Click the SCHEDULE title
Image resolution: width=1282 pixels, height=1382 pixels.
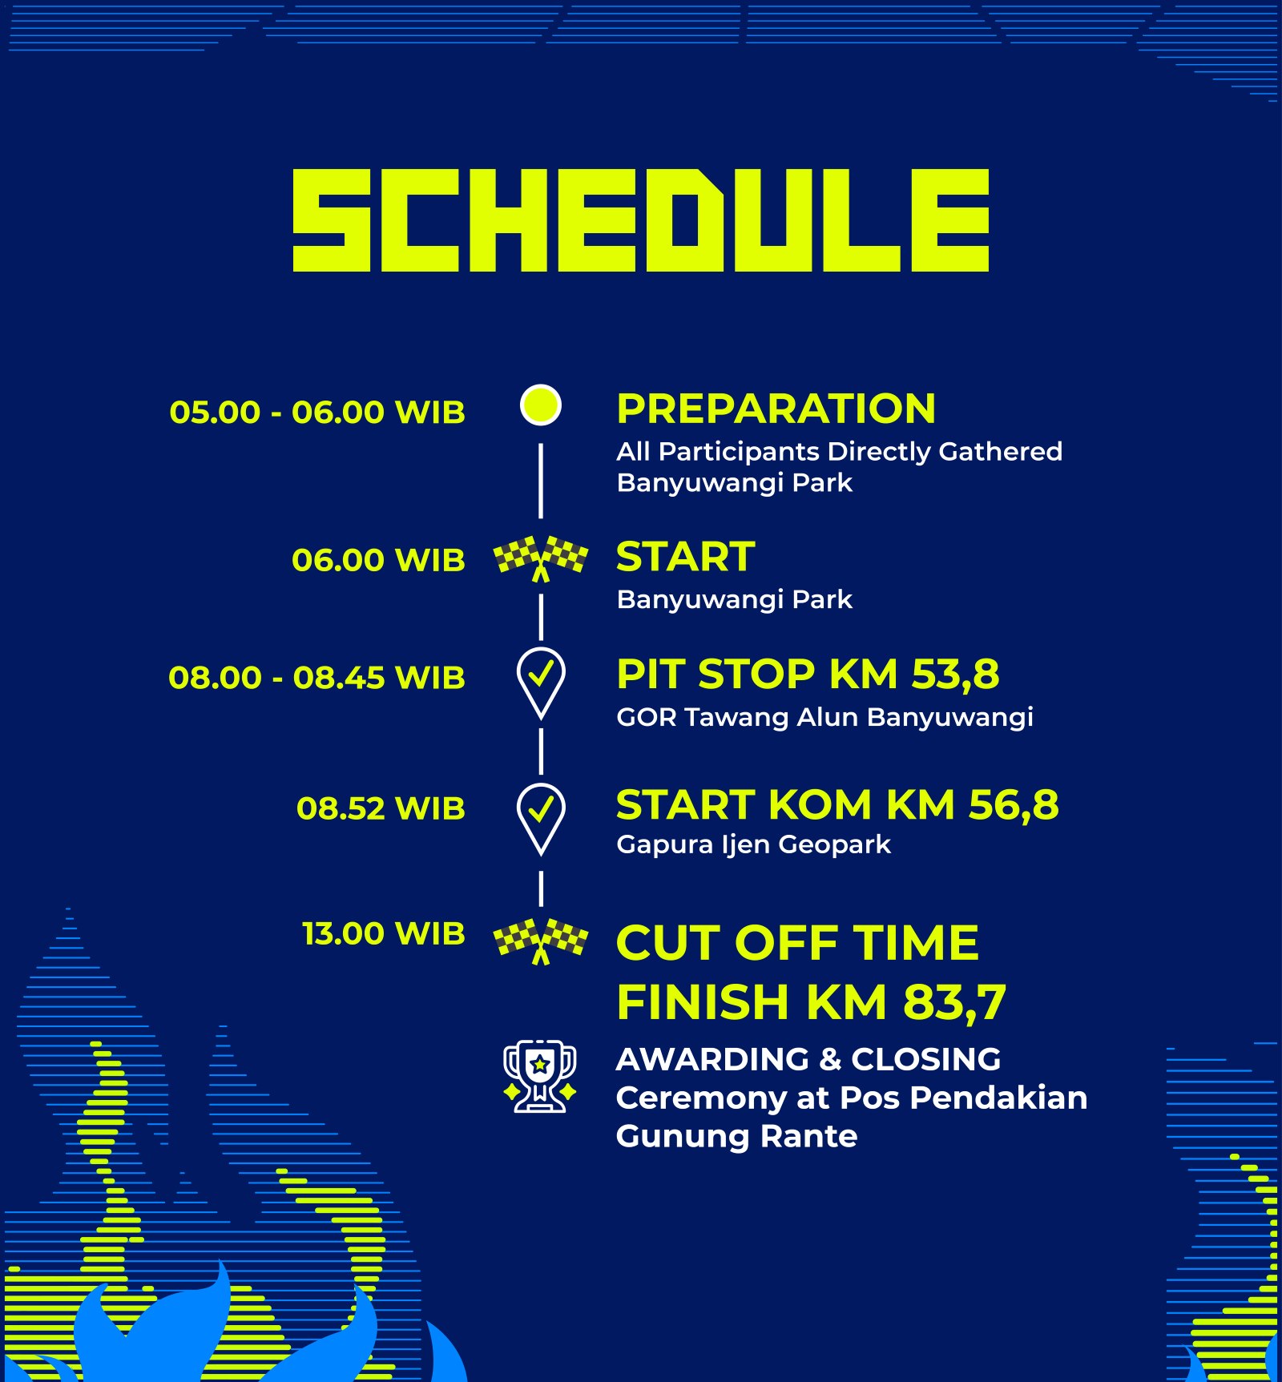coord(641,220)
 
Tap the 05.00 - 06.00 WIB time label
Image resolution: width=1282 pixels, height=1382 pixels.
coord(317,413)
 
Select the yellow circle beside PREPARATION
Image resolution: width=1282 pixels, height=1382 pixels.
coord(541,405)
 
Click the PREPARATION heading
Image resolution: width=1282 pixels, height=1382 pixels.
coord(776,409)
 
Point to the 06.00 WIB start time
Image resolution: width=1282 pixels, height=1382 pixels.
coord(378,560)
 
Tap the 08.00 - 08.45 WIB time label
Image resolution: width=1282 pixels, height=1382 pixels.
coord(316,678)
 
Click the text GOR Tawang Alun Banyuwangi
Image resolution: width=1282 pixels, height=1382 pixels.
coord(824,717)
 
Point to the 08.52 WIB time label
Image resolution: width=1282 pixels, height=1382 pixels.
coord(381,808)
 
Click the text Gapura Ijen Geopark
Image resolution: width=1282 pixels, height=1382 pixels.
coord(753,844)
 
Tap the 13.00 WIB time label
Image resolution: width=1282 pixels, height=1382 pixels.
coord(383,934)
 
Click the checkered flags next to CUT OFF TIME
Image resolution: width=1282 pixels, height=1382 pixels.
coord(541,941)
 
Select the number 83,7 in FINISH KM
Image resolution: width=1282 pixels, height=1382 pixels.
coord(954,1003)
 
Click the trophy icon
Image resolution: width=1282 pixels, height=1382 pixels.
coord(540,1076)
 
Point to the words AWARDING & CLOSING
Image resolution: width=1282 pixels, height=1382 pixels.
coord(808,1059)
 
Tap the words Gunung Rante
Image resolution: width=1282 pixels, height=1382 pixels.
coord(736,1137)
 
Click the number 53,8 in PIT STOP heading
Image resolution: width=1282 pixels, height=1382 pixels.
coord(956,675)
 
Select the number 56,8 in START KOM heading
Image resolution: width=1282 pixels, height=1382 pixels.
coord(1014,805)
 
